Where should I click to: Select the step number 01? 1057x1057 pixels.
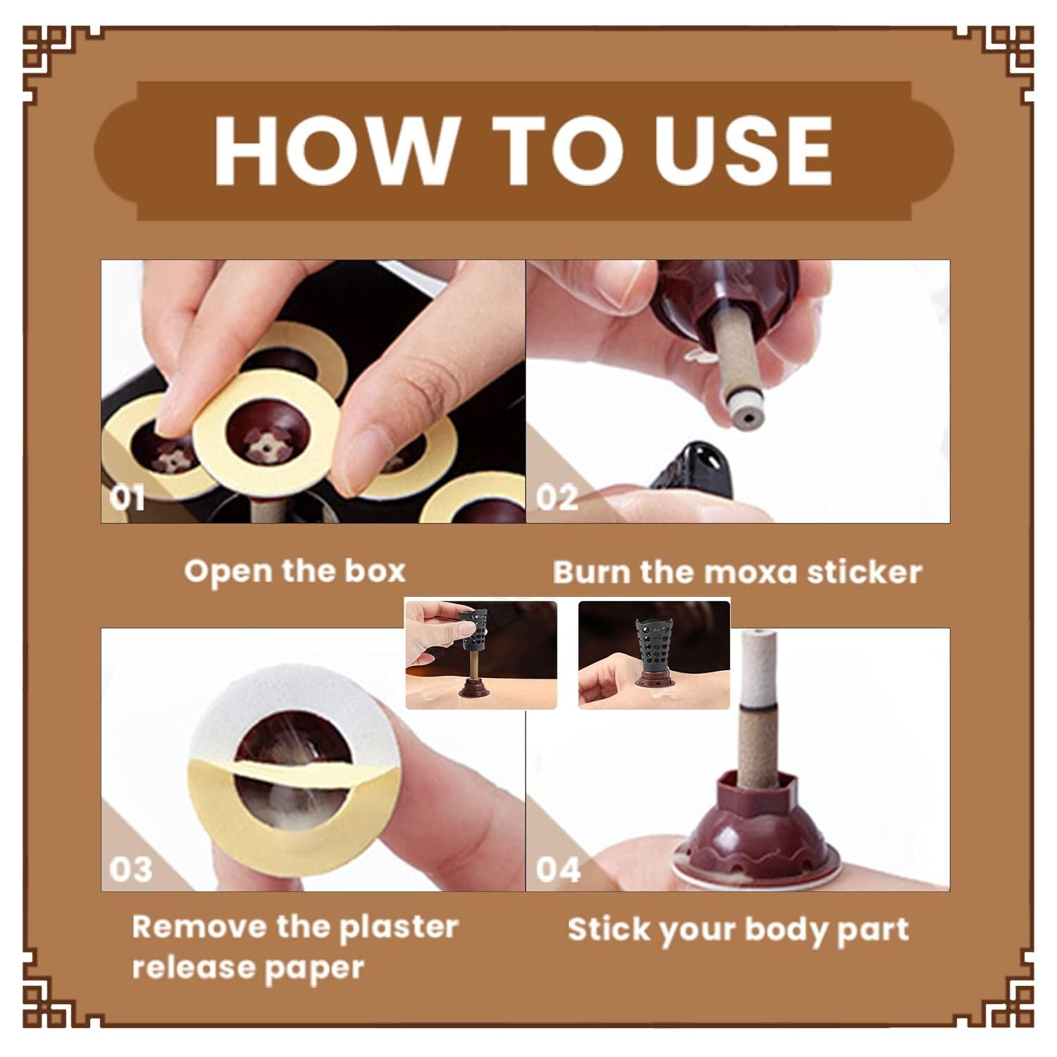point(127,497)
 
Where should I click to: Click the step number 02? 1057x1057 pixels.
point(557,497)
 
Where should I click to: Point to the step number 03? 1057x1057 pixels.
point(131,869)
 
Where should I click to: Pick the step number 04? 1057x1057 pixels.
point(558,869)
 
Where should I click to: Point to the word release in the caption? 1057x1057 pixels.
point(179,968)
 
